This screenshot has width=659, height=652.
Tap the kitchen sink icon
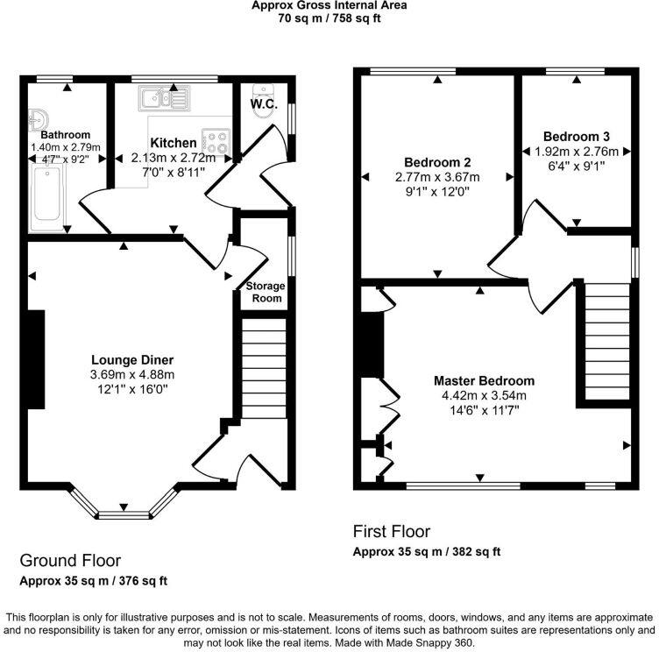162,97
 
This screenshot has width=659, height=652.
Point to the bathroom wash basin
39,119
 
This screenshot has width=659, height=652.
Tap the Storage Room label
264,293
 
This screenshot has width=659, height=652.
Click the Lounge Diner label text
132,360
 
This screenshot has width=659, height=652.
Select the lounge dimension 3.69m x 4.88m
132,374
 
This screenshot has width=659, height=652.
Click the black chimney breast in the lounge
36,358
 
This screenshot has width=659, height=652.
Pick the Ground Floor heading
70,561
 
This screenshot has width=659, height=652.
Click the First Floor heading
391,531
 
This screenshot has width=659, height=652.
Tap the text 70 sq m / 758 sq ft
329,18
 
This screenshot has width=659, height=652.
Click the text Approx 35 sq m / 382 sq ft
426,552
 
